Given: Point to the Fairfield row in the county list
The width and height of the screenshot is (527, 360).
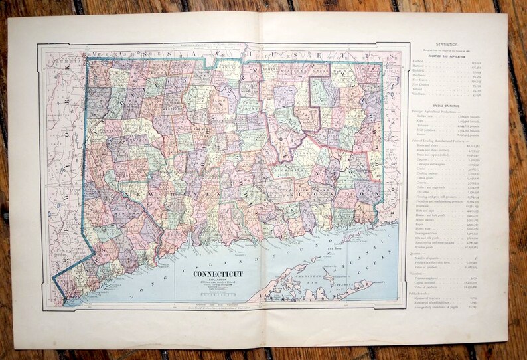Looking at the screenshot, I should [419, 62].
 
